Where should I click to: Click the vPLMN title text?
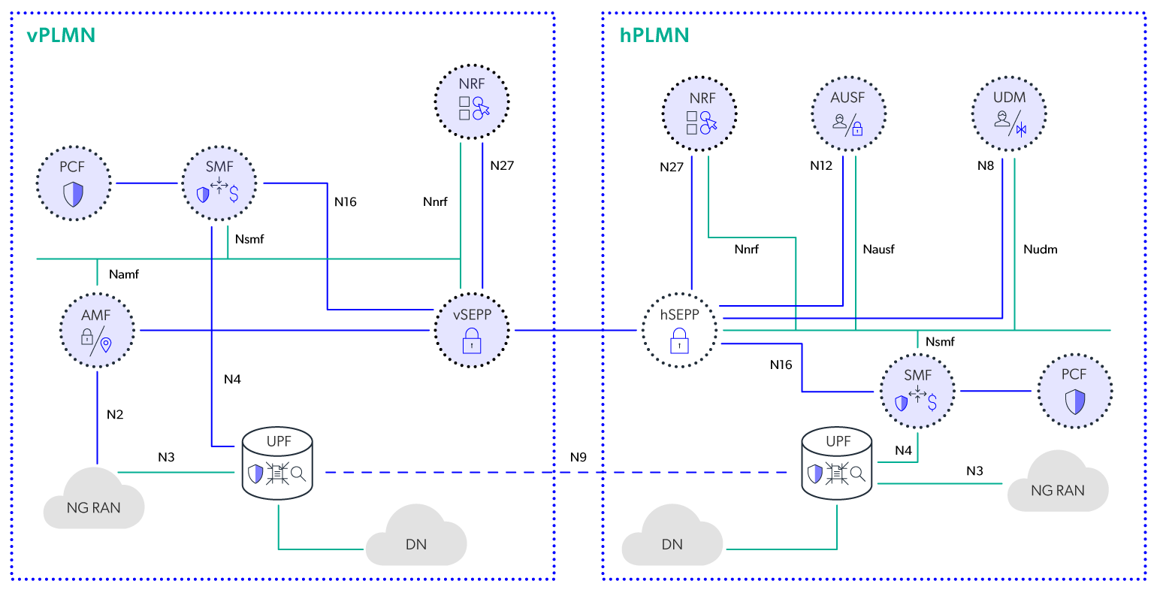[61, 35]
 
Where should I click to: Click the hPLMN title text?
[654, 35]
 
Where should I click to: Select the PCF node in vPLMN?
[74, 183]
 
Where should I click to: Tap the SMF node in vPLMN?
[219, 183]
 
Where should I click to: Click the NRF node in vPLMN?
[472, 101]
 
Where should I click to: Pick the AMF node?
[97, 330]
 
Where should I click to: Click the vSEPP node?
[472, 331]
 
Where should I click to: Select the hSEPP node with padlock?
[679, 331]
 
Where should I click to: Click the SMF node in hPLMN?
[917, 392]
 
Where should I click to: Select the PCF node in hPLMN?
[1074, 392]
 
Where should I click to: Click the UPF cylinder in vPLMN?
[278, 464]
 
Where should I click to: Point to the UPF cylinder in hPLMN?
[837, 464]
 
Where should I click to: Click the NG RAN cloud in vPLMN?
[93, 499]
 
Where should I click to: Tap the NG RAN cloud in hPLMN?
[1057, 483]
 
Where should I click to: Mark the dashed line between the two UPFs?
[556, 473]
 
